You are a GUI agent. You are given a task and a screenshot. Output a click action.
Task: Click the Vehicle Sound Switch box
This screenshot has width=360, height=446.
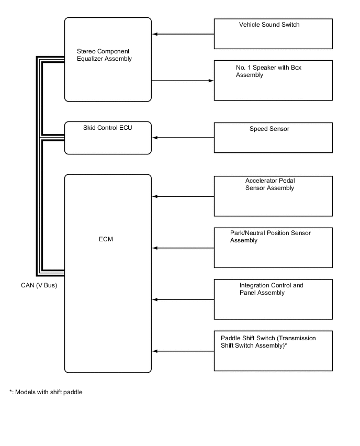pos(273,34)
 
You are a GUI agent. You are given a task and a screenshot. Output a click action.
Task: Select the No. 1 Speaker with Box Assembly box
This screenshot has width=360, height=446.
pos(273,80)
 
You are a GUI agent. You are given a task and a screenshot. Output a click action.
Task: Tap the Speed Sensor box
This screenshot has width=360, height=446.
pos(273,138)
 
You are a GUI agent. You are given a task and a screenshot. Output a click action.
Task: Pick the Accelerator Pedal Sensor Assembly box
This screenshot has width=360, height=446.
pos(273,196)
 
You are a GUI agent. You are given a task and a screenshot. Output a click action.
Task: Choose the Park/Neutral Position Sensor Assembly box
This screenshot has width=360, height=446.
pos(273,248)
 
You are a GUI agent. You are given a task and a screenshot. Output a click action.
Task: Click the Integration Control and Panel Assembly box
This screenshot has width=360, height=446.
pos(273,299)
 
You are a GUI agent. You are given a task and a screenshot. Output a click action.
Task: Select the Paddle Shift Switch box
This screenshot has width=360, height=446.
pos(273,351)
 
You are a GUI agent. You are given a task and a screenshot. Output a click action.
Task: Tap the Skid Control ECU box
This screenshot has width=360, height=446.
pos(108,138)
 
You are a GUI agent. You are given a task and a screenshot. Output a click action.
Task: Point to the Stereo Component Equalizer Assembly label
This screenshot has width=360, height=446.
pos(104,55)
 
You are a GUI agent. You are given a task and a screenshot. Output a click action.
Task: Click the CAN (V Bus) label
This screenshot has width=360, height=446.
pos(36,285)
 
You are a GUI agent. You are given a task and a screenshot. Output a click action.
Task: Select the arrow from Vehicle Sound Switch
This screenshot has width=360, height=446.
pos(183,35)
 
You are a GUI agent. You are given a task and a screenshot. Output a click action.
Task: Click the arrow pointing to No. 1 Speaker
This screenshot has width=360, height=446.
pos(183,81)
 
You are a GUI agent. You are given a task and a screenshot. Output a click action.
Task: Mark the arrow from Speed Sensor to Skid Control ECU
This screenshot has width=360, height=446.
pos(183,138)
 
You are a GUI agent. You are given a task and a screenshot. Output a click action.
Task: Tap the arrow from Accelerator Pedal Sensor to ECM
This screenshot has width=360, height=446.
pos(183,197)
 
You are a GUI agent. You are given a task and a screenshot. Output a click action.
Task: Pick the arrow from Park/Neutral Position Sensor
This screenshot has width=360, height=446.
pos(183,248)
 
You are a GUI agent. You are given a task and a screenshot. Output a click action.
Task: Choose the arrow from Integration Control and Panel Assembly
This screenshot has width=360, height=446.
pos(183,300)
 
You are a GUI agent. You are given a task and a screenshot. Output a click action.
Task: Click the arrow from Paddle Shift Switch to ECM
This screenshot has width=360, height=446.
pos(183,351)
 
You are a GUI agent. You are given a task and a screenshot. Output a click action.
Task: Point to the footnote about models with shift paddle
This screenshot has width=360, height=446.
pos(46,392)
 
